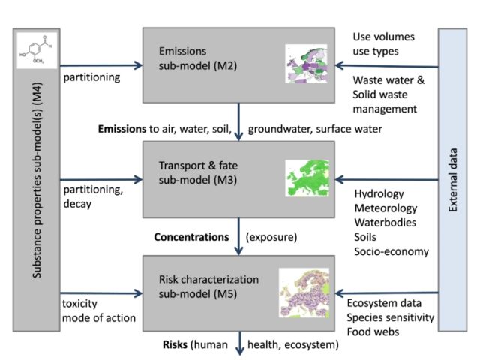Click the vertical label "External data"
(454, 180)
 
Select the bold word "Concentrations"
(190, 237)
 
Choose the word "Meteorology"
(385, 208)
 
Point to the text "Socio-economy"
(391, 252)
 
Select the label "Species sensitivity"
(390, 317)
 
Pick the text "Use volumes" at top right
(382, 37)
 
